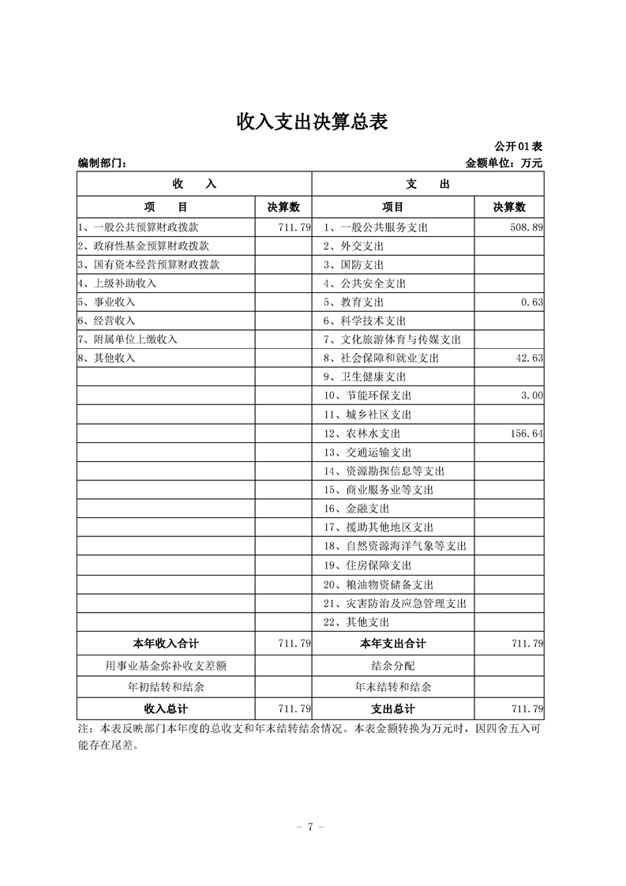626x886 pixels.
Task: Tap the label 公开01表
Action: (518, 147)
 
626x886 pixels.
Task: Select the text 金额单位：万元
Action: (504, 163)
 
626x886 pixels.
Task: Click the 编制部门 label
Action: (102, 163)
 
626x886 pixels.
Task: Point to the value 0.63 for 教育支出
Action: (532, 302)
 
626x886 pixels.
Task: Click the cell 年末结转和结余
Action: (392, 687)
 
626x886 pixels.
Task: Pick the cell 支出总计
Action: (392, 708)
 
